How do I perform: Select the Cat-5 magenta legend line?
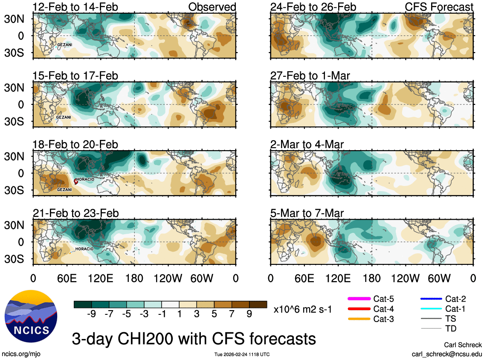click(x=359, y=298)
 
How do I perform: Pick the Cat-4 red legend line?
click(x=359, y=308)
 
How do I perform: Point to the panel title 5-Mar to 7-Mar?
click(x=313, y=213)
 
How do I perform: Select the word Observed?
click(x=212, y=7)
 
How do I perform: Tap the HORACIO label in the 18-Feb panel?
click(x=86, y=180)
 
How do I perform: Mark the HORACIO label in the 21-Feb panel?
click(x=84, y=249)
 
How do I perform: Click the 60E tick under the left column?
click(x=67, y=279)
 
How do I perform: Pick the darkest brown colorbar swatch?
click(x=258, y=304)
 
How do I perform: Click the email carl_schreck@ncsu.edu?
click(x=446, y=354)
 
